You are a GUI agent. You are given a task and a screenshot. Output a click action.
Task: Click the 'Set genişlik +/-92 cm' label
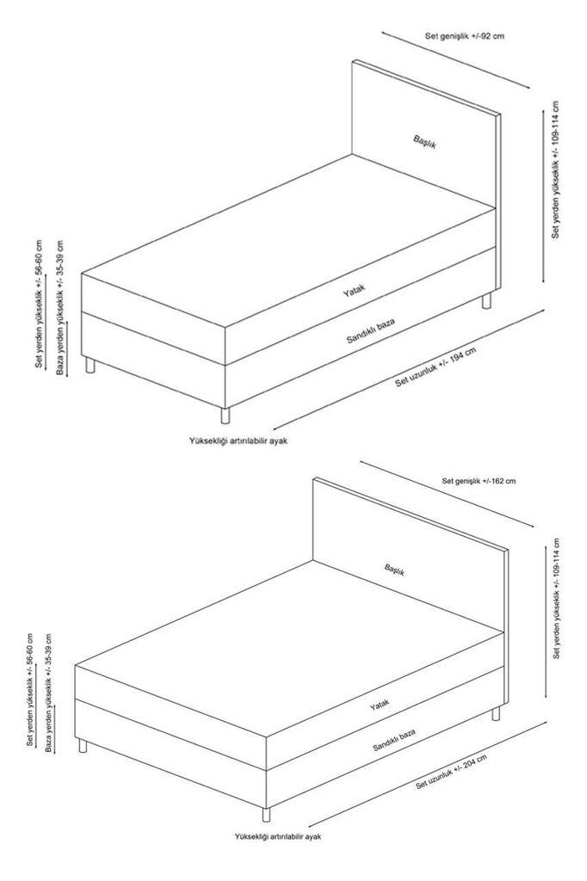point(464,36)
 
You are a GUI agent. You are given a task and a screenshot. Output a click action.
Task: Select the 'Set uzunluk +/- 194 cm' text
point(436,367)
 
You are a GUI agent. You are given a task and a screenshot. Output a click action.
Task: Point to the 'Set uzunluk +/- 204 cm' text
point(452,772)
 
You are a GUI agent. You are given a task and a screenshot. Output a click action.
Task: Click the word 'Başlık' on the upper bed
point(424,142)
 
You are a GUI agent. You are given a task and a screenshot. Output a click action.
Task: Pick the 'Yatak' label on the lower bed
point(380,705)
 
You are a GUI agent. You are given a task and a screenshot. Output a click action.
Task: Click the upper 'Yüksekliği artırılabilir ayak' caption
point(238,440)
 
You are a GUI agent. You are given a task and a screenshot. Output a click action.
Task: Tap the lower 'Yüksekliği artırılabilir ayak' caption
point(277,835)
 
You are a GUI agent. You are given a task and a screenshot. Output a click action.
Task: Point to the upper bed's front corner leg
point(226,415)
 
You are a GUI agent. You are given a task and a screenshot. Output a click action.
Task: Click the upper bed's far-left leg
point(89,367)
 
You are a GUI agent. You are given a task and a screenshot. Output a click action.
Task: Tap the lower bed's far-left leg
point(83,745)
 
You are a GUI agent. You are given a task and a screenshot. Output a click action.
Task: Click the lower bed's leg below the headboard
point(495,714)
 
